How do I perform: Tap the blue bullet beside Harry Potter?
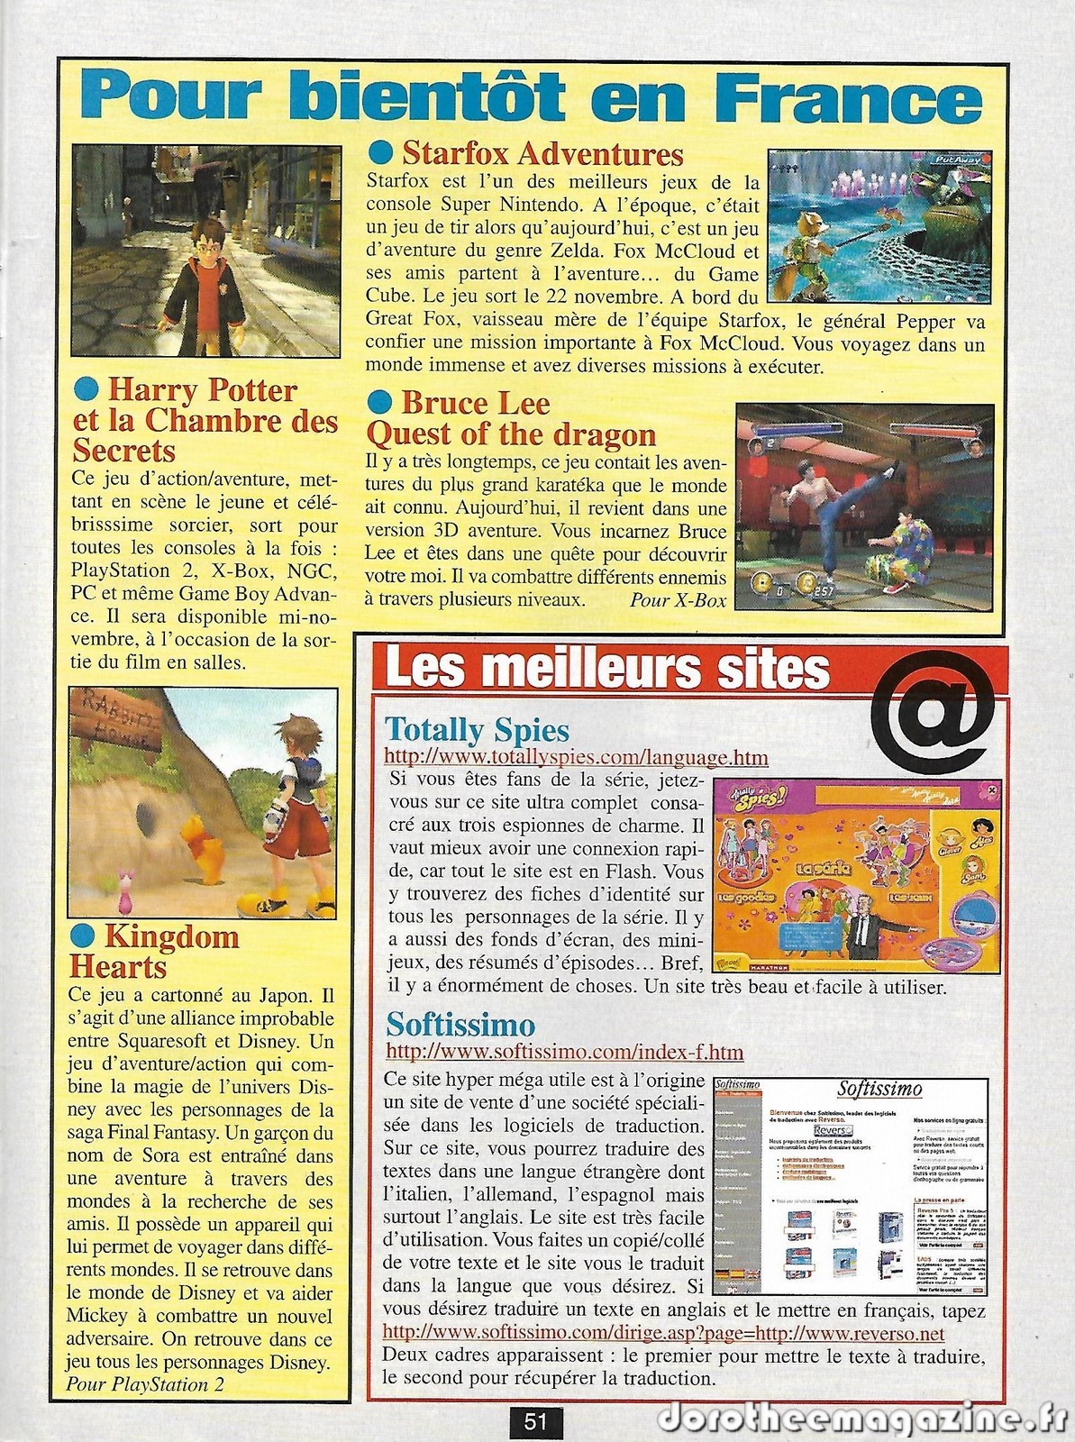(x=87, y=388)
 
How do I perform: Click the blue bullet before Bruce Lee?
(x=381, y=402)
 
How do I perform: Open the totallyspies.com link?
(x=576, y=757)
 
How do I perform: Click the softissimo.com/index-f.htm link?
(x=564, y=1051)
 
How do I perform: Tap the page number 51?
(x=536, y=1422)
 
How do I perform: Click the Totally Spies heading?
(x=477, y=729)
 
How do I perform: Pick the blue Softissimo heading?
(x=460, y=1024)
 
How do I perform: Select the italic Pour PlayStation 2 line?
(x=145, y=1384)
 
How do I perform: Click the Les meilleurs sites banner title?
(x=606, y=670)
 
